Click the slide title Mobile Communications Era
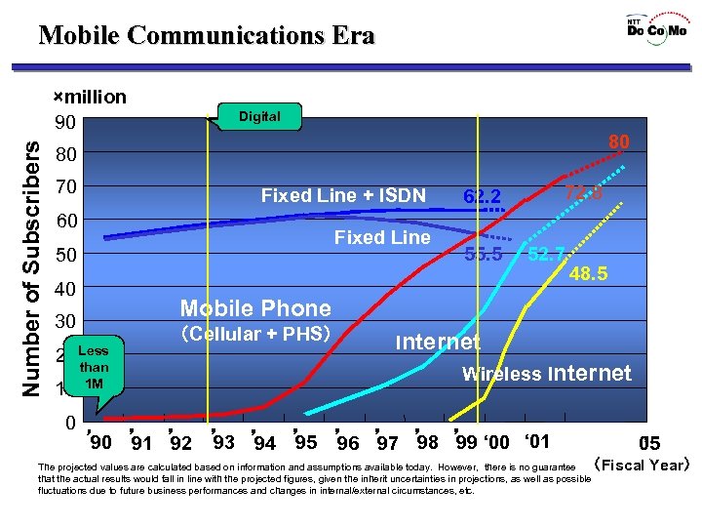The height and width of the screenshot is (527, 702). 207,36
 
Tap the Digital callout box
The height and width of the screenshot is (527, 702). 259,116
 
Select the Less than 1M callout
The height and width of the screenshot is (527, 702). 94,367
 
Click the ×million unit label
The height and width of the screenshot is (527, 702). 89,97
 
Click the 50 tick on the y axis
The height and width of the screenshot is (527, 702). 66,256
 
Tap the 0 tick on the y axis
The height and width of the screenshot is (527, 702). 70,424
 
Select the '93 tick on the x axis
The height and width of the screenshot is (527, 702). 223,441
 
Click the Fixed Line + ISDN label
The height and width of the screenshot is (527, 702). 343,196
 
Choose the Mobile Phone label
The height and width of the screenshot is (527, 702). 256,308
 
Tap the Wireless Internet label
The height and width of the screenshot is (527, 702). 546,373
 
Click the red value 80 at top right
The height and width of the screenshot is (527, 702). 618,142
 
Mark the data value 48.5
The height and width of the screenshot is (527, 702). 588,275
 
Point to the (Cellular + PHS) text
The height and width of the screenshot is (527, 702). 256,334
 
